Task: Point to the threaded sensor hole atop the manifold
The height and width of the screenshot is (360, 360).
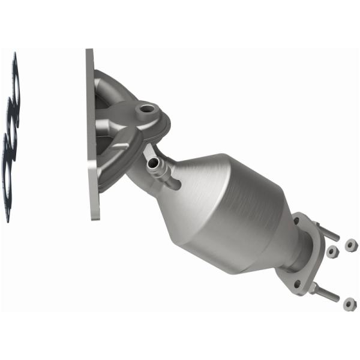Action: click(x=144, y=110)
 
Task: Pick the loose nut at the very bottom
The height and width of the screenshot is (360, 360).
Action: click(x=347, y=304)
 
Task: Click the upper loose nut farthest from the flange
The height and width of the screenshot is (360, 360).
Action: click(x=349, y=243)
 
